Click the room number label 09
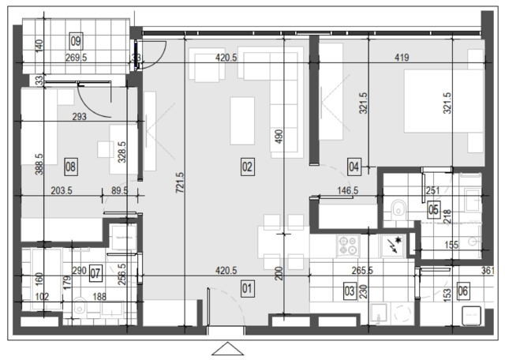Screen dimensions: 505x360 [77, 41]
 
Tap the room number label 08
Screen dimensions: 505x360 [70, 167]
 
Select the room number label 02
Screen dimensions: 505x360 [247, 167]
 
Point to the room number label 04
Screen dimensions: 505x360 [354, 167]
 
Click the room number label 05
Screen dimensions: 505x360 [434, 210]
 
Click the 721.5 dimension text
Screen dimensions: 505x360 [180, 182]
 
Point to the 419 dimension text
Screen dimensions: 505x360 [402, 58]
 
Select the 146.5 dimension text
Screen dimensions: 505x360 [348, 191]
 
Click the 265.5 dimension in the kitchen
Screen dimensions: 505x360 [362, 271]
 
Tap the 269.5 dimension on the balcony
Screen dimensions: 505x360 [77, 58]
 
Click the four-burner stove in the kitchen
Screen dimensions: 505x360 [348, 246]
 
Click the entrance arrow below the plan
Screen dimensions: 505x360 [228, 349]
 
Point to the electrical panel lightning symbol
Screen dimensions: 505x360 [395, 244]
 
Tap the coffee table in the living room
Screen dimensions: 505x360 [242, 121]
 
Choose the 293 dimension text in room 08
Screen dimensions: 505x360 [79, 116]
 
